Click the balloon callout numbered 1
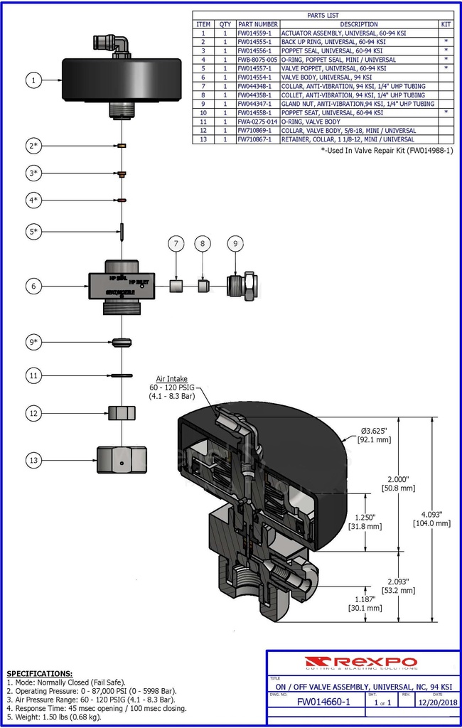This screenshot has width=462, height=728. point(33,80)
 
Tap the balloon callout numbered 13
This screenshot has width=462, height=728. point(33,461)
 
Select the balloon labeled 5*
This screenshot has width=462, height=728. point(33,231)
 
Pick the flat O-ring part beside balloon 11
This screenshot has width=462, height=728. point(122,375)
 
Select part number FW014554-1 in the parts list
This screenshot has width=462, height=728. point(257,77)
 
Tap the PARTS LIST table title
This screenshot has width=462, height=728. point(323,15)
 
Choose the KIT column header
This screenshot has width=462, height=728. point(446,24)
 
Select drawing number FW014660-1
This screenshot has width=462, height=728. point(323,702)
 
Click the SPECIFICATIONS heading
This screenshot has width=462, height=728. point(39,673)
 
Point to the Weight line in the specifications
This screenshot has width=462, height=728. point(53,717)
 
